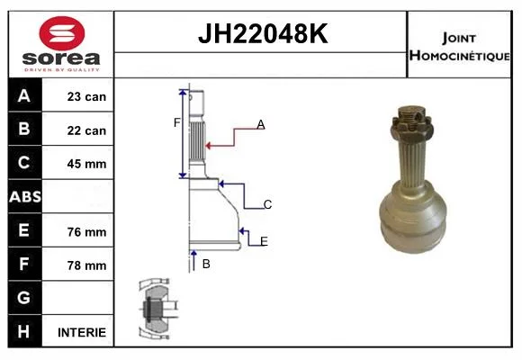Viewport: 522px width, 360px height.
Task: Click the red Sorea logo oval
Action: tap(62, 33)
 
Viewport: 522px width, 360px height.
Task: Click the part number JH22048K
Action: tap(263, 33)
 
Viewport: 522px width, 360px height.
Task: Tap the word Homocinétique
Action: tap(459, 56)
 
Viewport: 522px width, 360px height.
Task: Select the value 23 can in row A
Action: tap(86, 96)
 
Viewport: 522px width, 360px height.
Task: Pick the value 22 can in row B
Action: tap(86, 130)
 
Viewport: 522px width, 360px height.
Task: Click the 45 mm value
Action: tap(86, 164)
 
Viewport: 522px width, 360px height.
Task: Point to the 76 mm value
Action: tap(86, 232)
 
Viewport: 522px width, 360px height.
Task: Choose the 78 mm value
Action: tap(86, 265)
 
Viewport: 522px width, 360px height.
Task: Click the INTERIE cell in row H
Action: tap(82, 332)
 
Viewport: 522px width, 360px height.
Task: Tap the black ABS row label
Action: tap(25, 196)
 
